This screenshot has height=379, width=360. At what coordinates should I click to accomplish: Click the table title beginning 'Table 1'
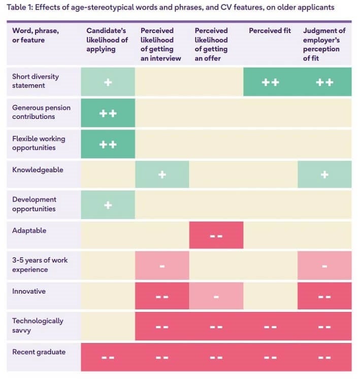pyautogui.click(x=171, y=8)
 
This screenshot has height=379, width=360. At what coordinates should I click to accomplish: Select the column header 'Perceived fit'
pyautogui.click(x=270, y=31)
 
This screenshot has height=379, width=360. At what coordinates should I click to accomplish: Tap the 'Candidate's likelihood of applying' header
pyautogui.click(x=107, y=40)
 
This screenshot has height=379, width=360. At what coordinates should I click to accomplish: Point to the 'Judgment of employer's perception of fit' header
pyautogui.click(x=324, y=45)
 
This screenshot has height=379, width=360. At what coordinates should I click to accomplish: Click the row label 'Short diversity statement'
pyautogui.click(x=36, y=81)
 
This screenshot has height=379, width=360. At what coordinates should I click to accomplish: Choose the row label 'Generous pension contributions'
pyautogui.click(x=41, y=112)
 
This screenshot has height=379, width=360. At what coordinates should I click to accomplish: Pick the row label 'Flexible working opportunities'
pyautogui.click(x=39, y=143)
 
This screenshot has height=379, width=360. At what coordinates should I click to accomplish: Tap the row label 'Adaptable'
pyautogui.click(x=29, y=230)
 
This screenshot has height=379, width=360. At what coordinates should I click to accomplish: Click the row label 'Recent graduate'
pyautogui.click(x=39, y=352)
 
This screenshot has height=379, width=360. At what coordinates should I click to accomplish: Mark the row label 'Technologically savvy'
pyautogui.click(x=38, y=326)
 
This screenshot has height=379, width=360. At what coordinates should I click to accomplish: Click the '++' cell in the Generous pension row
pyautogui.click(x=108, y=113)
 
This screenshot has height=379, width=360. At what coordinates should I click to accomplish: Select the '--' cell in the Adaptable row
pyautogui.click(x=216, y=236)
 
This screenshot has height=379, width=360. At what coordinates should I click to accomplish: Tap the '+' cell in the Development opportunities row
pyautogui.click(x=108, y=205)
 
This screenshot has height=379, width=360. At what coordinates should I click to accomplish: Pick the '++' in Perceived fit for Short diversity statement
pyautogui.click(x=270, y=82)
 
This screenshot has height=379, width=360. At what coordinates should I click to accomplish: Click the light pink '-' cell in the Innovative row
pyautogui.click(x=216, y=296)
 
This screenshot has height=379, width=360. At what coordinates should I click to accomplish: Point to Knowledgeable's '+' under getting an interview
pyautogui.click(x=162, y=174)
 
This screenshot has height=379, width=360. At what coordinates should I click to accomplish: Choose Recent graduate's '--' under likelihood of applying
pyautogui.click(x=108, y=357)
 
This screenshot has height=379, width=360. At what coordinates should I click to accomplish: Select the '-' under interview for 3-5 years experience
pyautogui.click(x=162, y=266)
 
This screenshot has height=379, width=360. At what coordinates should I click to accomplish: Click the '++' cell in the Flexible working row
pyautogui.click(x=108, y=144)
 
